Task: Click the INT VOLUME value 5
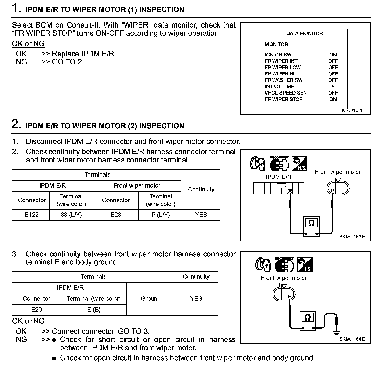point(333,87)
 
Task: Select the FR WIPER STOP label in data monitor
point(284,99)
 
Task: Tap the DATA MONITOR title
point(304,33)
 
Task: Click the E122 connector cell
point(32,215)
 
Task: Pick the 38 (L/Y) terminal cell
point(71,215)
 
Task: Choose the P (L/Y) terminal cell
point(160,215)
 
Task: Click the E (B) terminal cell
point(94,310)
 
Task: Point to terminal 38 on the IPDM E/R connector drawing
point(290,191)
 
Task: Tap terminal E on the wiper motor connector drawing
point(289,297)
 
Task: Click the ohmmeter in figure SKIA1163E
point(311,226)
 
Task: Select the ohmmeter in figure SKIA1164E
point(308,320)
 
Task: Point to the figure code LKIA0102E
point(352,110)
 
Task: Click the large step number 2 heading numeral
point(15,124)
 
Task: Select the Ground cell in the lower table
point(151,299)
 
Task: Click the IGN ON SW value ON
point(333,55)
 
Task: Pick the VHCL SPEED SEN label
point(286,93)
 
